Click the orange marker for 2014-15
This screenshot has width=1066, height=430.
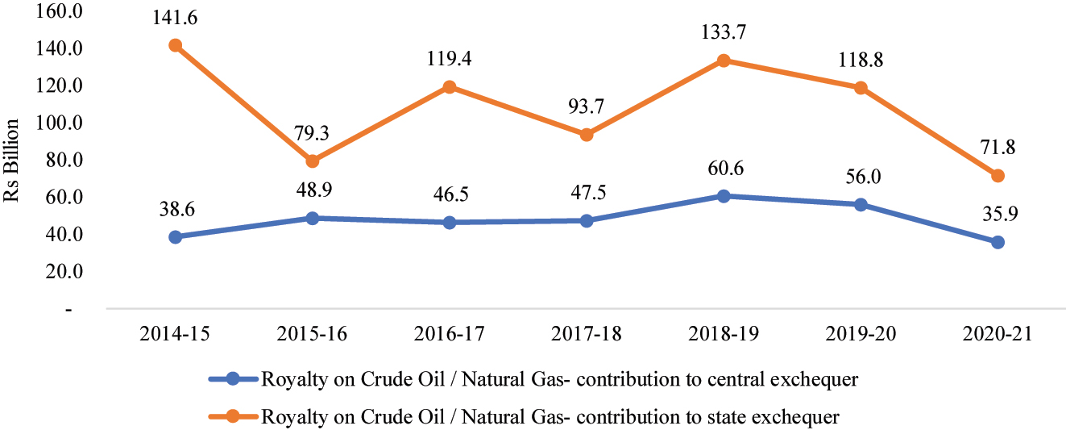pyautogui.click(x=176, y=45)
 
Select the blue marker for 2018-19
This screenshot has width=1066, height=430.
pyautogui.click(x=724, y=196)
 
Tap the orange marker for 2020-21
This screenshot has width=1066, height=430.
pyautogui.click(x=998, y=176)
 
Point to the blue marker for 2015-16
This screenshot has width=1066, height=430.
pyautogui.click(x=313, y=218)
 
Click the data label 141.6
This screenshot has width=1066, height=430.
pyautogui.click(x=176, y=16)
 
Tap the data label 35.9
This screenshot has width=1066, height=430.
pyautogui.click(x=998, y=213)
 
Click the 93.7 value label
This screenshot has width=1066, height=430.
pyautogui.click(x=587, y=106)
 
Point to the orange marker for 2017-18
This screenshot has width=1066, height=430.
pyautogui.click(x=587, y=135)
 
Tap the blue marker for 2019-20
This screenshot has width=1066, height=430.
pyautogui.click(x=861, y=205)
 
